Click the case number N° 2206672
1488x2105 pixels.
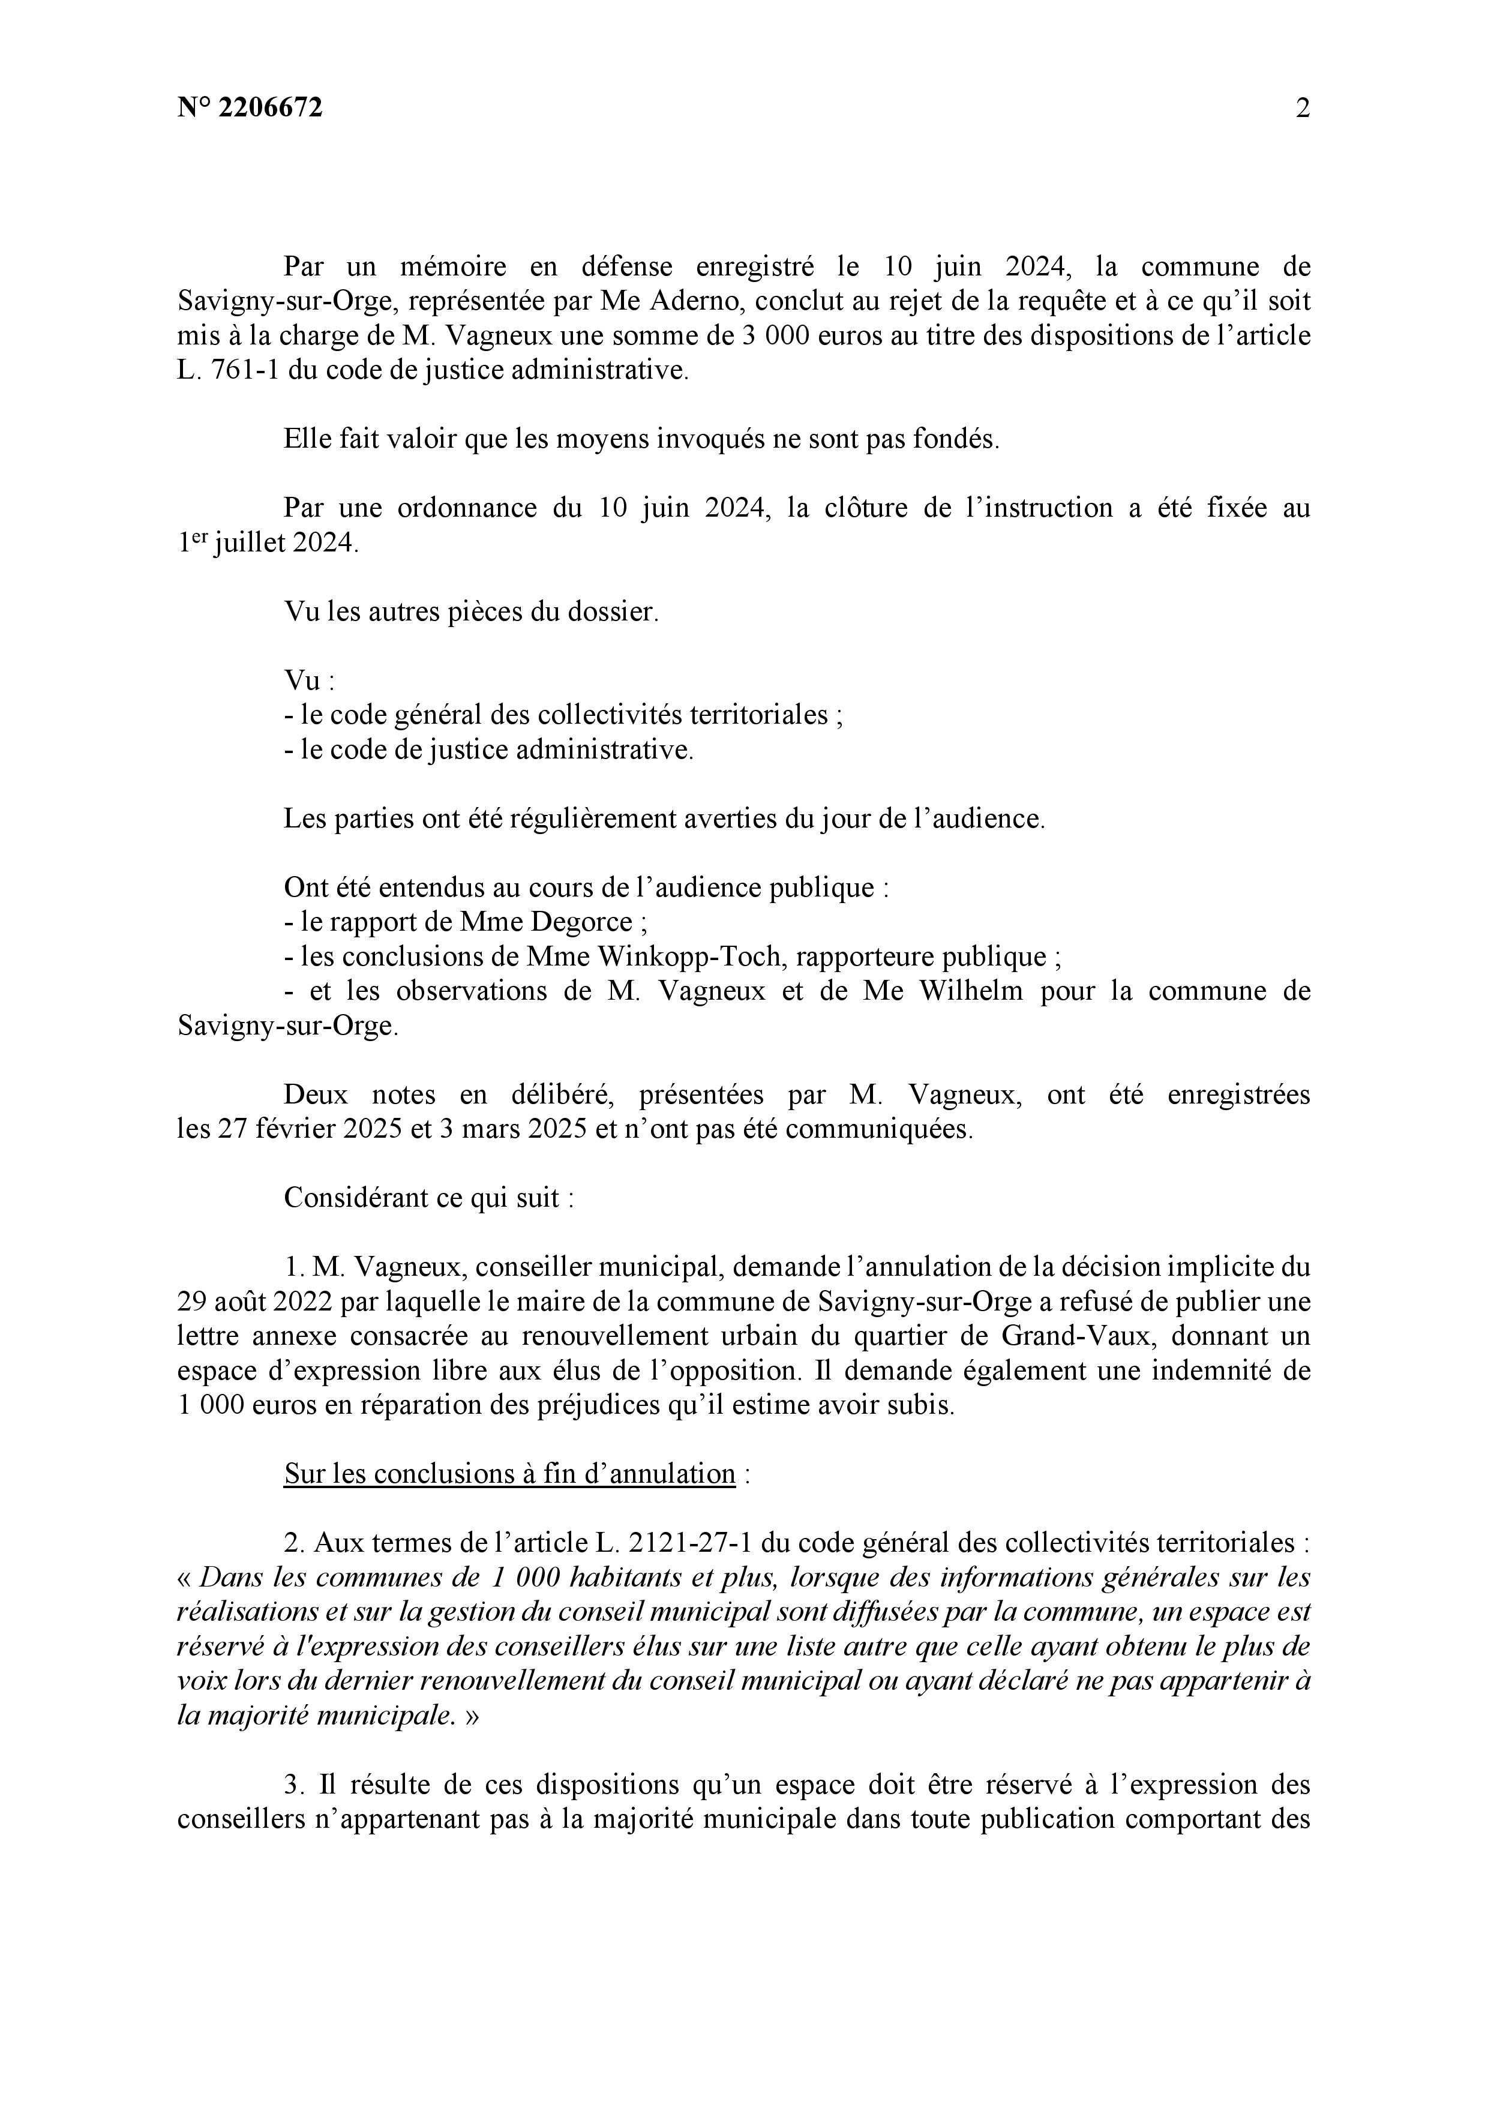[x=250, y=108]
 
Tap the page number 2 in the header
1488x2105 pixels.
[x=1302, y=108]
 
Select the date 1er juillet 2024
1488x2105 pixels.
[x=266, y=544]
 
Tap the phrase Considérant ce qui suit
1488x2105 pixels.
[x=428, y=1198]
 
